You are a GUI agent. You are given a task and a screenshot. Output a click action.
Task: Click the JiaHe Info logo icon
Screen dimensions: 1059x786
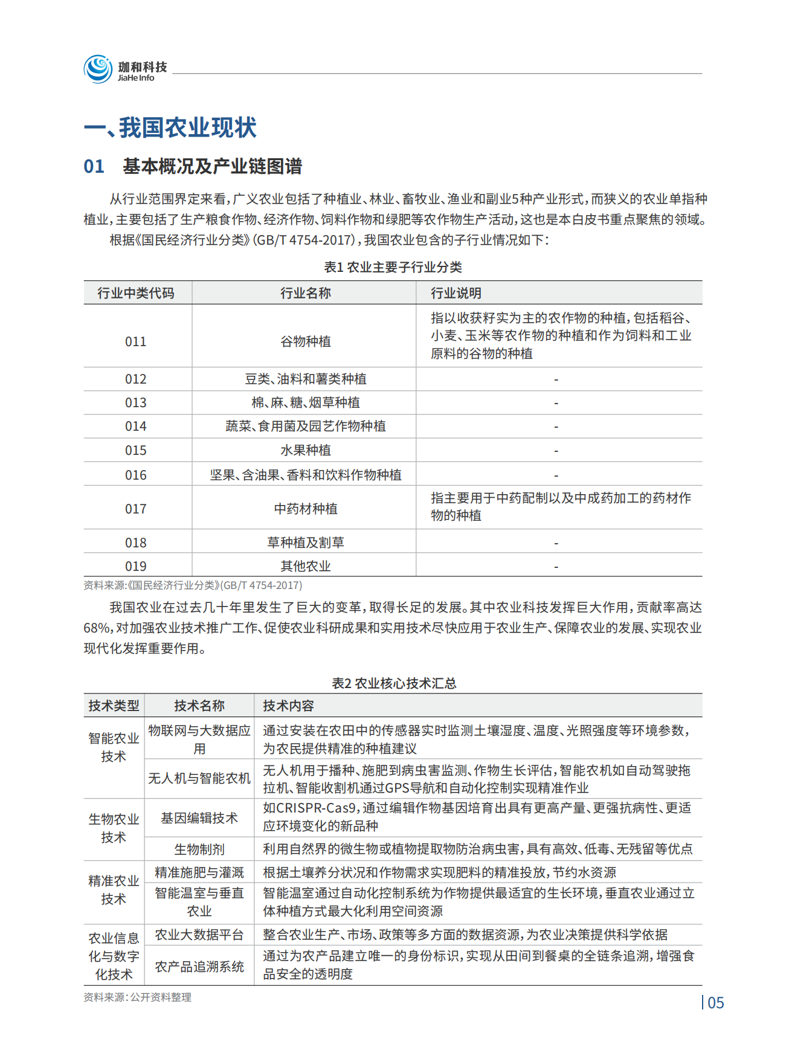coord(98,69)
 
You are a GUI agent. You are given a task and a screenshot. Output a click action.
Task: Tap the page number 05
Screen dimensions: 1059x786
coord(715,1003)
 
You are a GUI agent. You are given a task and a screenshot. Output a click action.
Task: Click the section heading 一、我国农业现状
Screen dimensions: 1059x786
coord(170,127)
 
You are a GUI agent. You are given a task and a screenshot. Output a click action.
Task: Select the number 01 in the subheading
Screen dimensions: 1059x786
coord(94,166)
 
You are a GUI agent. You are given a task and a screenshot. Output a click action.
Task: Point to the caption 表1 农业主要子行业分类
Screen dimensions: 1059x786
coord(393,267)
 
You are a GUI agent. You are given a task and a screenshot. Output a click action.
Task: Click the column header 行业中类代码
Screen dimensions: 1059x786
coord(136,293)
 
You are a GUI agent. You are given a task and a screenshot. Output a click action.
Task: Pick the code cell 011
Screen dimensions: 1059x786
coord(136,341)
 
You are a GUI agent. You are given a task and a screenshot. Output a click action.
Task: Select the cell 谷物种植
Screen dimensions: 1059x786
coord(305,341)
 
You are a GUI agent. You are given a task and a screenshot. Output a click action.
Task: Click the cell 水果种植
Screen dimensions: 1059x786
coord(305,450)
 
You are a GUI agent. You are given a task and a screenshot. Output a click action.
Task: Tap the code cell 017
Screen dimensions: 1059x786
coord(136,509)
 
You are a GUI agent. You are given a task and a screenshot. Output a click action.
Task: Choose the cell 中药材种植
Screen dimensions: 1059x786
coord(305,509)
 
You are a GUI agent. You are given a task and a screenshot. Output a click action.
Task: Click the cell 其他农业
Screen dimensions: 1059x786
coord(305,566)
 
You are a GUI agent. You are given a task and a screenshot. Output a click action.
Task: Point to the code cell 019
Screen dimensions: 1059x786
coord(136,566)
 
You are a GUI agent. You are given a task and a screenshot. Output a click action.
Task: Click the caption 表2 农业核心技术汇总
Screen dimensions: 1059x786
coord(394,683)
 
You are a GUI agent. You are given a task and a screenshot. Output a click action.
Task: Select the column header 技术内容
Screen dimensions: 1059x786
coord(288,706)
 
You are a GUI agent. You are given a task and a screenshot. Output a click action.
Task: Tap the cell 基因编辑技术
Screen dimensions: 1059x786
coord(199,818)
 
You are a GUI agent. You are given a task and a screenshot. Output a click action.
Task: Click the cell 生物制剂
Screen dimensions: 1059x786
coord(199,849)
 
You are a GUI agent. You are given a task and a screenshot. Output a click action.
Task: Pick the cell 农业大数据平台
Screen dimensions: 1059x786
coord(199,935)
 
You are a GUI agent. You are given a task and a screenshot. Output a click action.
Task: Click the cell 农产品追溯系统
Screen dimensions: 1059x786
coord(199,967)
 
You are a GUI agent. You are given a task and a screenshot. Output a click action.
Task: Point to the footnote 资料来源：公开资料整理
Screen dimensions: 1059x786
coord(137,997)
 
